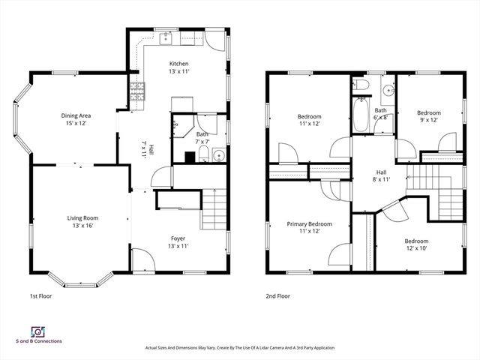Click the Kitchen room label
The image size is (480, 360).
coord(178,67)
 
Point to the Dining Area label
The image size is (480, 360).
coord(76,119)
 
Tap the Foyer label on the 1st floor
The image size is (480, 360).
coord(178,241)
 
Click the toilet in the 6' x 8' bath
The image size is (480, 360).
coord(361,87)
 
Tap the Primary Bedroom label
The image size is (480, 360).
coord(309,227)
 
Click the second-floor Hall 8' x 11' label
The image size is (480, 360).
coord(382,175)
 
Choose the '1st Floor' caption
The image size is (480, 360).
coord(40,295)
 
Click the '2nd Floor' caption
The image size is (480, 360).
coord(277,295)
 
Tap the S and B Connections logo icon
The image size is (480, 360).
coord(36,331)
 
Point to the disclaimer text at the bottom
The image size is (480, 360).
coord(239,348)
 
